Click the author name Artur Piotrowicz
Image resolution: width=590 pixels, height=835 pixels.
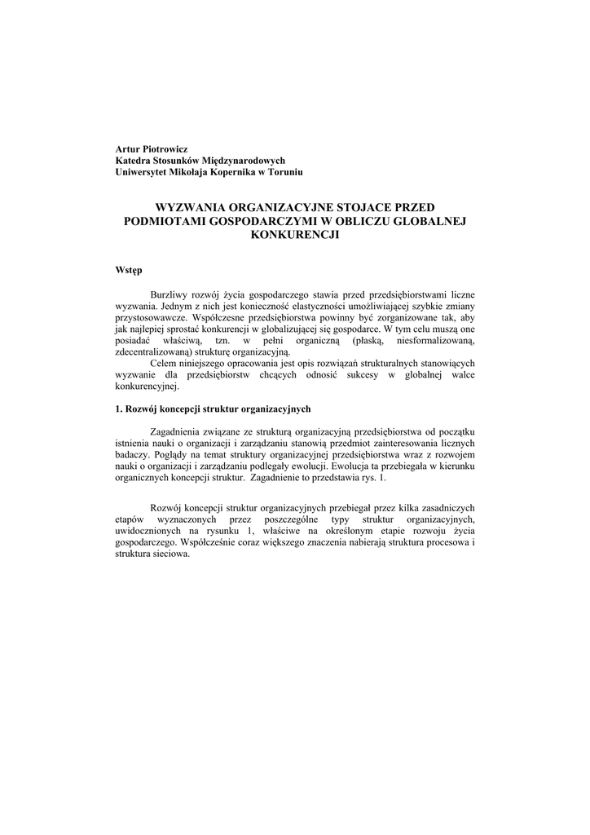coord(152,150)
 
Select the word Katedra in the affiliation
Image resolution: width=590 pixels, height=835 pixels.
coord(134,161)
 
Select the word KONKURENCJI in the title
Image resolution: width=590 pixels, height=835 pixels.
coord(295,234)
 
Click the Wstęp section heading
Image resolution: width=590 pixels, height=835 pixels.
coord(129,270)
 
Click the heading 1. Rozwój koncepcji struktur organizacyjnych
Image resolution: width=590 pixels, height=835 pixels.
coord(213,409)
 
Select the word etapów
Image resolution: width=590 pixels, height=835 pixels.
coord(130,519)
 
